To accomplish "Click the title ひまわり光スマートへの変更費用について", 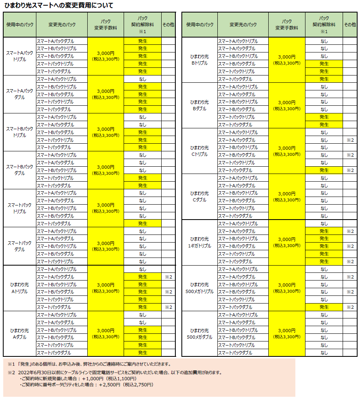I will click(x=58, y=5).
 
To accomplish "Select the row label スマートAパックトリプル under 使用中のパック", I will click(x=19, y=56).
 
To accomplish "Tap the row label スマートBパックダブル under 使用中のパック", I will click(x=19, y=170).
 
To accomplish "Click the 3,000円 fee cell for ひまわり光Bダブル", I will click(x=287, y=105).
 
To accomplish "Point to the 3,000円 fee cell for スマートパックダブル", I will click(x=106, y=246).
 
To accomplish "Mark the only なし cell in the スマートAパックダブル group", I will click(x=143, y=79).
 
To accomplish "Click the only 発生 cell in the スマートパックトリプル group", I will click(x=143, y=224).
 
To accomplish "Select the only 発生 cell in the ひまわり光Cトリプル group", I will click(x=324, y=170).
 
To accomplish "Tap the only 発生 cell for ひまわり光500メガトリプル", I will click(x=324, y=307).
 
